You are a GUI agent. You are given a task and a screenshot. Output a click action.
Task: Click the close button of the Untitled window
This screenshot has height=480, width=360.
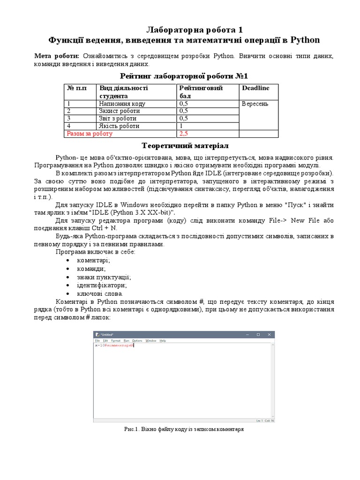(270, 335)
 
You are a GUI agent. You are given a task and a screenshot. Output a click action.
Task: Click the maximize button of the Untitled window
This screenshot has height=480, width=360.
(258, 335)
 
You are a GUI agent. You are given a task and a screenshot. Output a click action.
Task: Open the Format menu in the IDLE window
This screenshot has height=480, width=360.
(115, 340)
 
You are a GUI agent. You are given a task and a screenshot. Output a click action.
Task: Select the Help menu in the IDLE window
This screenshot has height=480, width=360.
(163, 340)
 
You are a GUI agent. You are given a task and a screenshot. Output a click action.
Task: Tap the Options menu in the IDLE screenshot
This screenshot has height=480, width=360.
(137, 340)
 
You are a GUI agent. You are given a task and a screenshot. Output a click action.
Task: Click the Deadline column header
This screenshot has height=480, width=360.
(255, 88)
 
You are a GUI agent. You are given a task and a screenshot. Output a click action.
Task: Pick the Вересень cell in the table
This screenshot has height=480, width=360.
(255, 104)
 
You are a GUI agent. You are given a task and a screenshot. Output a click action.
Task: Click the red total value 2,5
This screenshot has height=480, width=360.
(184, 134)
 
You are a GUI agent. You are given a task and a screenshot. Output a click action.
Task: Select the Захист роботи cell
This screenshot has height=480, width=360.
(119, 111)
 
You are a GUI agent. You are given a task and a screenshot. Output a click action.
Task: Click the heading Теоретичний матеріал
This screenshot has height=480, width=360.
(180, 145)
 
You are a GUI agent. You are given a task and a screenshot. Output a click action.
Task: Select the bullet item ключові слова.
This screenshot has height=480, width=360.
(96, 293)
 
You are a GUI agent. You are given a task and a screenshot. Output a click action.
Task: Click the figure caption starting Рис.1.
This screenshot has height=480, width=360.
(184, 429)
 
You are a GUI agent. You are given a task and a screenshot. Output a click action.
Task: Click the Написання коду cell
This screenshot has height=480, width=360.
(122, 104)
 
